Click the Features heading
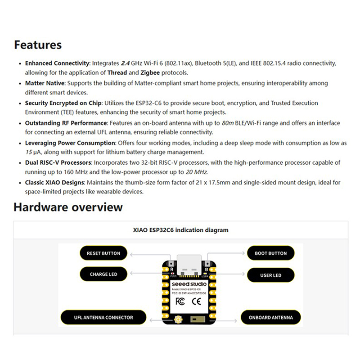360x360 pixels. point(38,45)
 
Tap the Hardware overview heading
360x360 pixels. point(68,207)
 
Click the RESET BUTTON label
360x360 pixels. point(103,253)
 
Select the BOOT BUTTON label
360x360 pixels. point(270,253)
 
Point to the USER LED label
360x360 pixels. point(270,275)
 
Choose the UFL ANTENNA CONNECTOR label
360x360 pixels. point(103,318)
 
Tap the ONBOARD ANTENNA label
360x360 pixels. point(270,318)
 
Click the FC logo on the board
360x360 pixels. point(179,301)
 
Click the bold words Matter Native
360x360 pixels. point(45,83)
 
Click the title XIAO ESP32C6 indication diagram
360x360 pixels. point(180,230)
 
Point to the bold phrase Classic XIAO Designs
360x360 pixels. point(54,183)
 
